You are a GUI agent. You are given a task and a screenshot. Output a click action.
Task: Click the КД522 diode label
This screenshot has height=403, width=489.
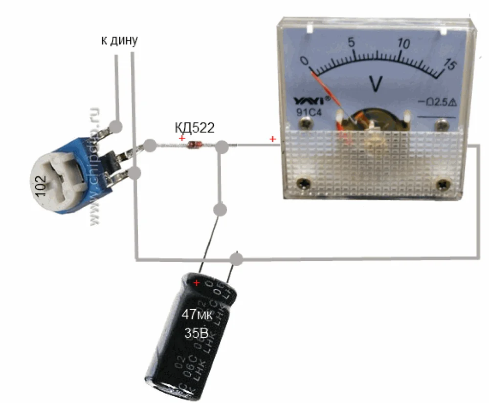point(195,128)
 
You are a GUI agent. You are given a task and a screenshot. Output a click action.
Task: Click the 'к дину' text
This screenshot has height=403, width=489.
point(119,41)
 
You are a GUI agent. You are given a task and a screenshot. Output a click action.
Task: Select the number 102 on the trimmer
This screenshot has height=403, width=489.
point(41,187)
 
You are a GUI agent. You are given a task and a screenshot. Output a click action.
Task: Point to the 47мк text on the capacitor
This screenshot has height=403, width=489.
point(198,314)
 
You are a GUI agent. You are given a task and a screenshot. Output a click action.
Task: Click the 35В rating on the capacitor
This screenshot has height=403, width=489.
point(196,334)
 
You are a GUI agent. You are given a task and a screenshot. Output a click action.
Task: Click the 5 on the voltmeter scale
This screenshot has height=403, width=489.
point(351,42)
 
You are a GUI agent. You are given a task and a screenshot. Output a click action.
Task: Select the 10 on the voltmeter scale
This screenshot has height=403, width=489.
point(403,42)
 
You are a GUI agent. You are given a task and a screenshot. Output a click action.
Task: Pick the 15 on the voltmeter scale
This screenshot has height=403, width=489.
point(448,64)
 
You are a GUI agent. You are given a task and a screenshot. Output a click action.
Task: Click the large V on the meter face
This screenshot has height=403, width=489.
point(376,84)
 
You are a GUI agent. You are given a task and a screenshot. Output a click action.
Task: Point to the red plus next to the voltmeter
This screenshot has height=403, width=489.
point(272,140)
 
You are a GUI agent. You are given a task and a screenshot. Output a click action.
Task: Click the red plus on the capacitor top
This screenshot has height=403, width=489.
point(197,283)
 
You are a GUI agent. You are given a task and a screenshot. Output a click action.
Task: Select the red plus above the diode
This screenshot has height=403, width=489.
point(182,139)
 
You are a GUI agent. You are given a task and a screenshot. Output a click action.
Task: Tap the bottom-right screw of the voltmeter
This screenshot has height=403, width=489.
point(444,185)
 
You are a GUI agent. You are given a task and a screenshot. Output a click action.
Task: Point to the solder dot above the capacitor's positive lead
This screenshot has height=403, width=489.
point(221,210)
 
